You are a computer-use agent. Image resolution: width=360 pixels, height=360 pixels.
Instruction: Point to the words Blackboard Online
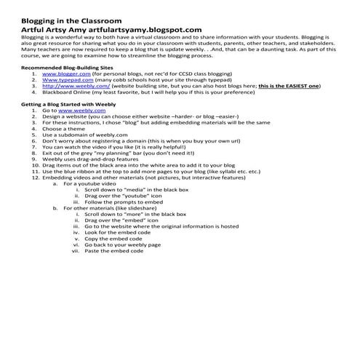71,93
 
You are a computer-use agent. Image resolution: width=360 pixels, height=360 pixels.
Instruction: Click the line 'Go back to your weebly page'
124,244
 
